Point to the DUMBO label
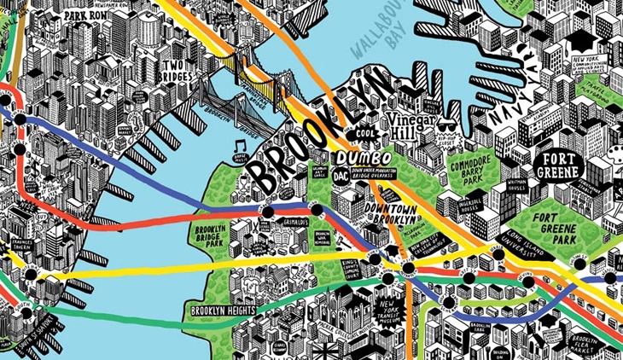364,159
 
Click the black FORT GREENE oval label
558,165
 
